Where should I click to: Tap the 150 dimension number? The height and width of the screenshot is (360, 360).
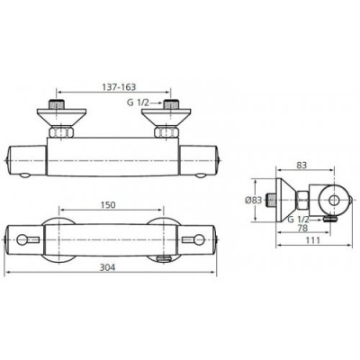108,205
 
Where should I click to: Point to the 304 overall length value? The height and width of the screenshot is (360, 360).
108,267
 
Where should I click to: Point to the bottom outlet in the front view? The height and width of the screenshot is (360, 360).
161,258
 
